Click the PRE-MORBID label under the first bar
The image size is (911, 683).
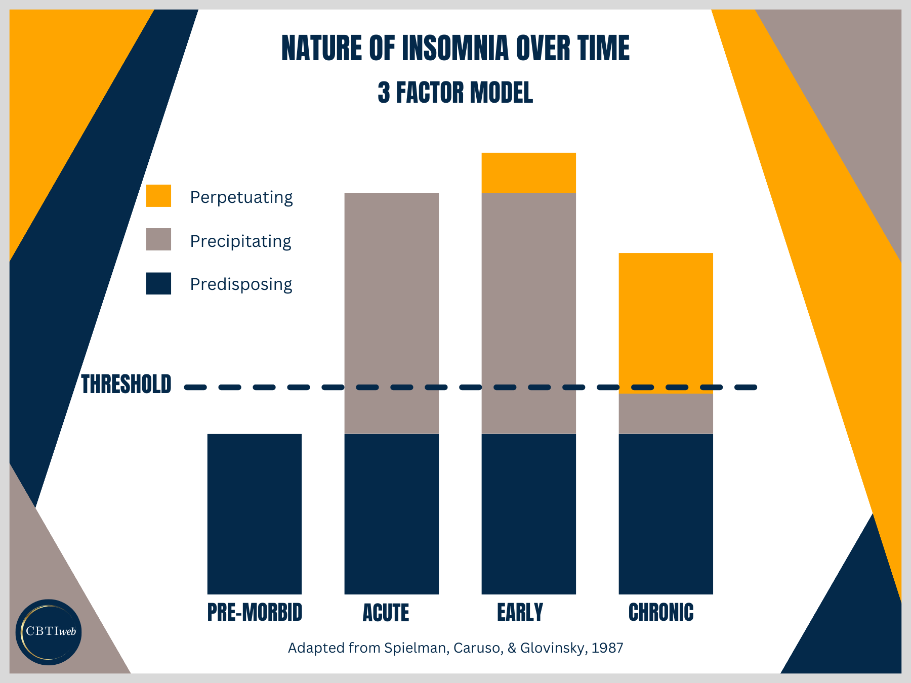(255, 612)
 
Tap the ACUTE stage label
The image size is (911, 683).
(386, 613)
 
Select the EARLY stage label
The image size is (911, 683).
(520, 612)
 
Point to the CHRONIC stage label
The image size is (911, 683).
(661, 612)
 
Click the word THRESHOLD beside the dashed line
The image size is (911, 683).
(127, 385)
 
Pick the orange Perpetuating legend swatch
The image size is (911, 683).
(158, 196)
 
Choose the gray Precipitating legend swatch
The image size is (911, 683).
(158, 239)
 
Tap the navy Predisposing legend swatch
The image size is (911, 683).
(158, 283)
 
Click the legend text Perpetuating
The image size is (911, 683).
(241, 197)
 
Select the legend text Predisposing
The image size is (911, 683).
(241, 284)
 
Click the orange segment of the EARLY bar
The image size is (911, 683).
(528, 173)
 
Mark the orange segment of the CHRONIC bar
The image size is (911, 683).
(666, 319)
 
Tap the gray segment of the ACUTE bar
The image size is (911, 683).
(391, 304)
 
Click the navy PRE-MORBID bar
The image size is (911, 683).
(255, 514)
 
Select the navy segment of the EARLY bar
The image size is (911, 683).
(528, 514)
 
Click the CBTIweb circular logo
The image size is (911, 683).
(49, 632)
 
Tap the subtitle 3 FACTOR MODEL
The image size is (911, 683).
(455, 93)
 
